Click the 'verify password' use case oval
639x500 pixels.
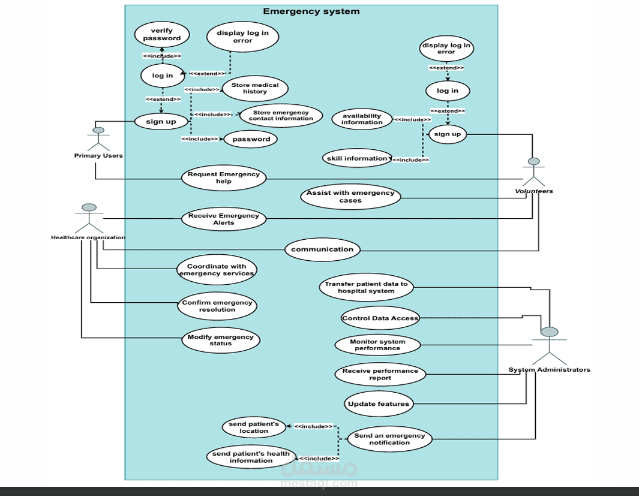161,34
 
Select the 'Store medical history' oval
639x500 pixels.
255,88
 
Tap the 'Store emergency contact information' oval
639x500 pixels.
281,115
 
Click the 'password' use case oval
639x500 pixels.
251,139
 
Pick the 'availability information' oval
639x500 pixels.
362,119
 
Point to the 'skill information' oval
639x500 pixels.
357,158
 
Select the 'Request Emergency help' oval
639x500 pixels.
224,178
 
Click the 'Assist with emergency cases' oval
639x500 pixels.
350,197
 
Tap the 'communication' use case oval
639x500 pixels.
322,249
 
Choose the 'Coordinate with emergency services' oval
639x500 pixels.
217,270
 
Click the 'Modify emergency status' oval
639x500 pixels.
221,341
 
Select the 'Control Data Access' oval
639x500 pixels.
380,318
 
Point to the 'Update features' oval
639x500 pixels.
379,403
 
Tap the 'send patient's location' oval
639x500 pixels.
254,427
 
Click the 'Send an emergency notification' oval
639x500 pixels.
389,439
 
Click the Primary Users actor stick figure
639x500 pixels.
99,138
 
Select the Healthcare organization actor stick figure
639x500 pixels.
89,218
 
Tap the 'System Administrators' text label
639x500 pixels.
549,369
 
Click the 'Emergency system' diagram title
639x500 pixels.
311,11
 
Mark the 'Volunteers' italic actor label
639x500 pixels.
533,191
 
